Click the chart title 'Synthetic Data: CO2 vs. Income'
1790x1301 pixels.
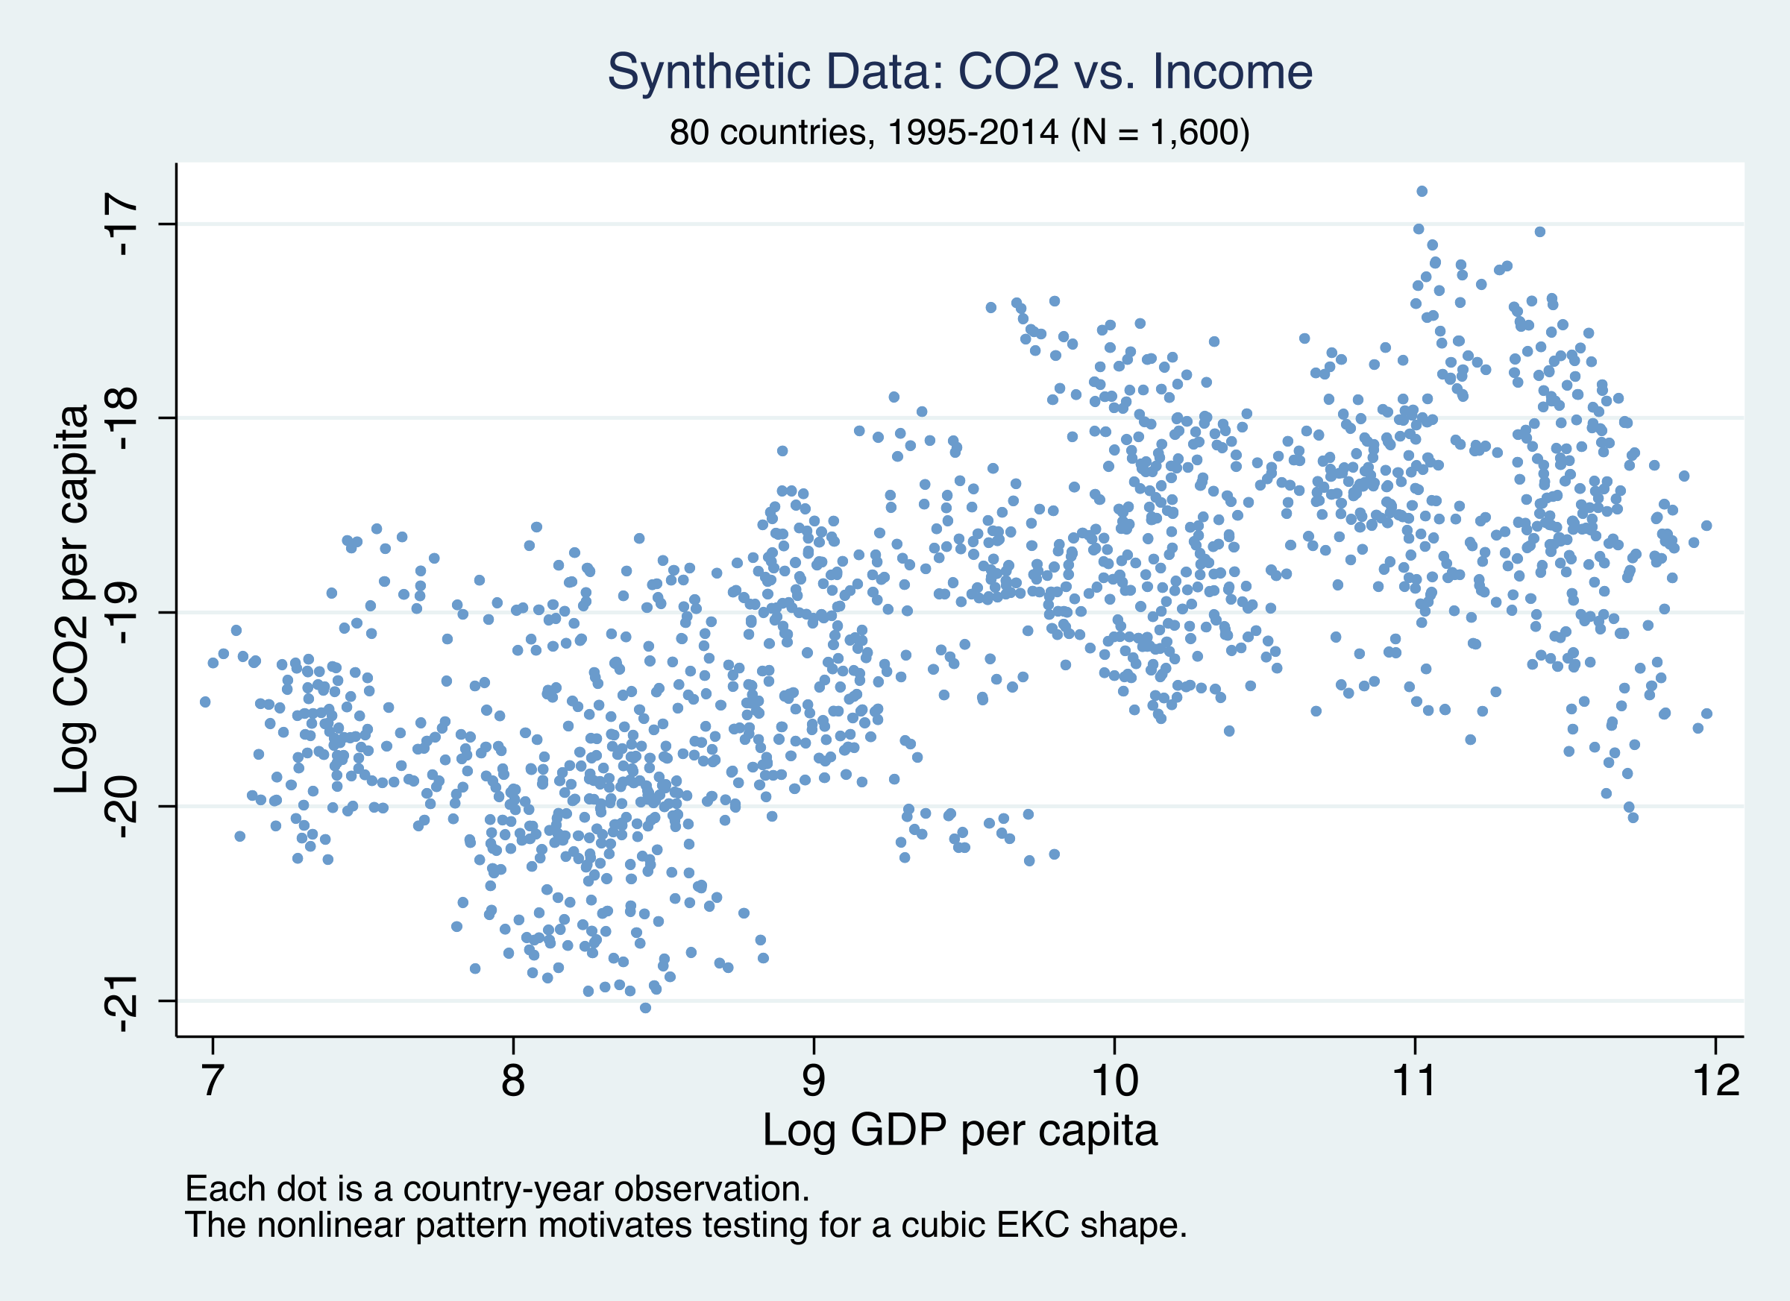click(x=959, y=72)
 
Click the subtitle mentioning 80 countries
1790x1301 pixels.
click(x=959, y=132)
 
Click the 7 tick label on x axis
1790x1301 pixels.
click(x=212, y=1080)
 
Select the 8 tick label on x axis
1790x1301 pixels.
click(x=513, y=1080)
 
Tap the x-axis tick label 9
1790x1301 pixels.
click(x=814, y=1080)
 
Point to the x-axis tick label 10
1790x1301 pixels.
click(x=1114, y=1080)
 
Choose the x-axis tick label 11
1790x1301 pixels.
click(x=1415, y=1080)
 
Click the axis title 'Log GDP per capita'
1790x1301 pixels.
click(x=959, y=1130)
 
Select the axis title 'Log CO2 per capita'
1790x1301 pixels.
click(x=72, y=599)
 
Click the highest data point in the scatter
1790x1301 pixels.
click(x=1422, y=191)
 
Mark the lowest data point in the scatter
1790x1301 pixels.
click(x=645, y=1007)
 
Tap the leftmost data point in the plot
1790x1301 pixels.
click(x=205, y=702)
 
